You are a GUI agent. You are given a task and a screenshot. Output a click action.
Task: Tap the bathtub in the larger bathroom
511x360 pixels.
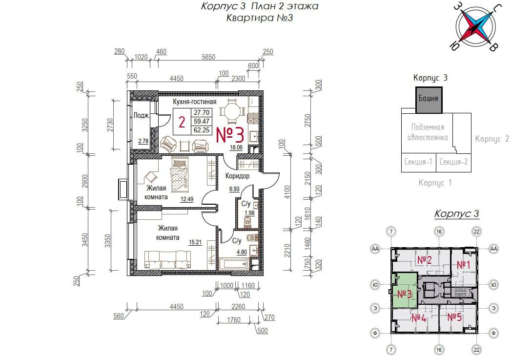click(233, 264)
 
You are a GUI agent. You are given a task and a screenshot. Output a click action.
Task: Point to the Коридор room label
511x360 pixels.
click(237, 176)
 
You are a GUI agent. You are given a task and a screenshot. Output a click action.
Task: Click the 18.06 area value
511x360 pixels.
click(236, 148)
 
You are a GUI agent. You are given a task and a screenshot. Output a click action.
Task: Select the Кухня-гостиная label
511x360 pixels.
click(195, 102)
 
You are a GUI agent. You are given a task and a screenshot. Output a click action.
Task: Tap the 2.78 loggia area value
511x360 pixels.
click(143, 141)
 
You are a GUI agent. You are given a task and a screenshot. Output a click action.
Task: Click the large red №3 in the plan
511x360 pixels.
click(230, 135)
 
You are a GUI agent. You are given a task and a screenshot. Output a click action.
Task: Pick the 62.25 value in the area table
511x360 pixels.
click(202, 130)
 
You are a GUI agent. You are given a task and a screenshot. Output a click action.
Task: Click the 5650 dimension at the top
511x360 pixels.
click(208, 57)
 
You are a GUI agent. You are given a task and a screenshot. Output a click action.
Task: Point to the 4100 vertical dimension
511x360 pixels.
click(287, 192)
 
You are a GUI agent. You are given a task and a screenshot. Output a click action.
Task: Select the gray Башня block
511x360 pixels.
click(429, 100)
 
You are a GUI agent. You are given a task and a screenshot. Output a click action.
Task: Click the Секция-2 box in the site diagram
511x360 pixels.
click(453, 162)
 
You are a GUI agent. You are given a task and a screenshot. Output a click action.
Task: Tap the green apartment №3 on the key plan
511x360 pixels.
click(405, 291)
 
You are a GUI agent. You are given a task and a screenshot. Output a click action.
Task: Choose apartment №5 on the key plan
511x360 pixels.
click(454, 317)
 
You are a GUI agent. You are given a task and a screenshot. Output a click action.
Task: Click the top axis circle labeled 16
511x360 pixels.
click(439, 232)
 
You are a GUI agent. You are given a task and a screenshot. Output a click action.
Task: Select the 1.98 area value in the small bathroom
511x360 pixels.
click(249, 213)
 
